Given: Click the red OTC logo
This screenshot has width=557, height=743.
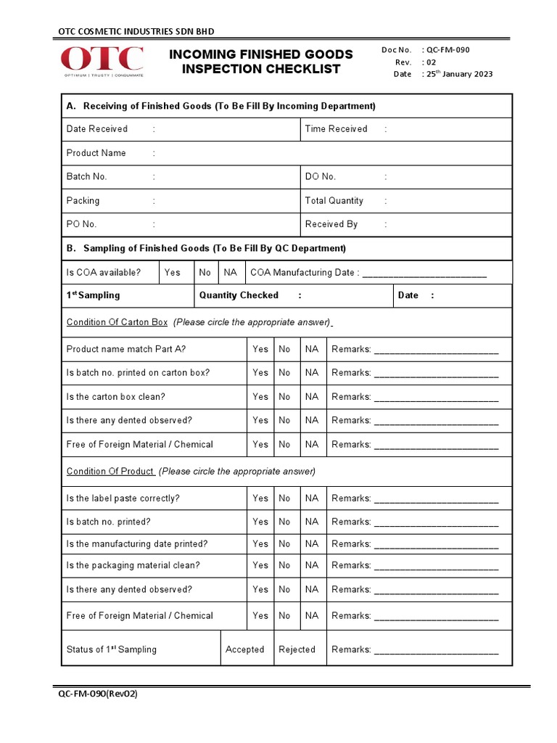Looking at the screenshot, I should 102,61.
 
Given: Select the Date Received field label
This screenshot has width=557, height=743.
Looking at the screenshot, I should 96,129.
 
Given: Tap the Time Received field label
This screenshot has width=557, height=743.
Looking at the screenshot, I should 336,129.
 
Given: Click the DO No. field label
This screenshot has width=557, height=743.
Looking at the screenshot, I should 320,176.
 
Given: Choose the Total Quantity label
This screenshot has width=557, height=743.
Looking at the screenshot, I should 334,200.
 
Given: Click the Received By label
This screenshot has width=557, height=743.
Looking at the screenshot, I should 331,224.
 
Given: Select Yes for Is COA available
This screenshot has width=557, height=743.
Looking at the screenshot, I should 173,272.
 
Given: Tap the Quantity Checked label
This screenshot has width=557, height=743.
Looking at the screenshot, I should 239,295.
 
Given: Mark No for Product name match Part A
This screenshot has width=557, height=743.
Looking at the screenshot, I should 284,349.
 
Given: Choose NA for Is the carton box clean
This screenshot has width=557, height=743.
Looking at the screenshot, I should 312,397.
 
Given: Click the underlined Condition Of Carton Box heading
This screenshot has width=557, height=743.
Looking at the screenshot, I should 117,322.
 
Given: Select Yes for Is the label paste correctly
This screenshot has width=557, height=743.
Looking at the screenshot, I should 260,498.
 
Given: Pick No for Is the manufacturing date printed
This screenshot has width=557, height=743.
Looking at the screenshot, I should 284,543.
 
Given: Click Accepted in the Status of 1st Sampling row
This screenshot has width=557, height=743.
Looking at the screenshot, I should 244,649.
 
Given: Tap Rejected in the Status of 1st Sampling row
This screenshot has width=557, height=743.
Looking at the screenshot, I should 297,649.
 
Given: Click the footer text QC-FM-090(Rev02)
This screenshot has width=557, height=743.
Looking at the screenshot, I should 98,694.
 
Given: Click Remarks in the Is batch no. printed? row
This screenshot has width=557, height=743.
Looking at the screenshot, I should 351,522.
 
